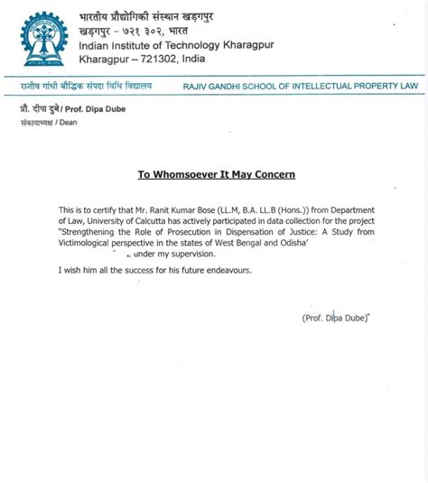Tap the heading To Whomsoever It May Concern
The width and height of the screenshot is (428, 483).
click(x=216, y=174)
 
